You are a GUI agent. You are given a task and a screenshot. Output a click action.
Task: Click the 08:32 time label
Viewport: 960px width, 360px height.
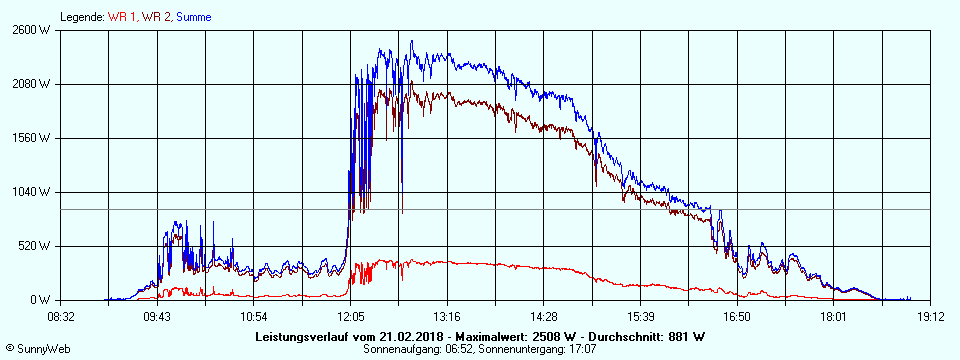[61, 316]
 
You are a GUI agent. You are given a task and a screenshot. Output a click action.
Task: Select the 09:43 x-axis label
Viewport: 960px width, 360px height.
[158, 316]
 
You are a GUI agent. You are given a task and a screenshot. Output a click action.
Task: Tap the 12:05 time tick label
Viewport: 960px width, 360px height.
[351, 316]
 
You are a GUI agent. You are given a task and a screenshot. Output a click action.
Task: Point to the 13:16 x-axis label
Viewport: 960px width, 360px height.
[447, 316]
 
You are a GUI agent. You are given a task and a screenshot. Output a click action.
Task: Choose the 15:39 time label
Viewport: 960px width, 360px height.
[641, 316]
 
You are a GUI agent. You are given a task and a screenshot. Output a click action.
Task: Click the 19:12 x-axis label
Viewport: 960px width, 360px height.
[931, 316]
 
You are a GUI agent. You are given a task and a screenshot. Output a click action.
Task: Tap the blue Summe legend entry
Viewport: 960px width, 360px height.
[193, 17]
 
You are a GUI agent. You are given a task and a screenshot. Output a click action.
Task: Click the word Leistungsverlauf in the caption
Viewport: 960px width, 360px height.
[303, 336]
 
